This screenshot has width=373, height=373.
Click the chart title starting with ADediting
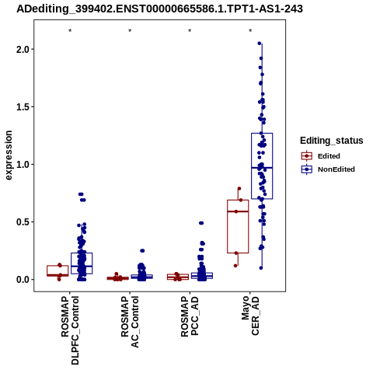coord(159,9)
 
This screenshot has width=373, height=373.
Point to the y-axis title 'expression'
coord(9,155)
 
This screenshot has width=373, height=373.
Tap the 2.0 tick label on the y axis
coord(22,49)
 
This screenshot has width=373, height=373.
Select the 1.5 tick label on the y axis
coord(22,106)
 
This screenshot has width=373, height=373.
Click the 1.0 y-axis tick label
coord(22,164)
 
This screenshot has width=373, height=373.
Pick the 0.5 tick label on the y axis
coord(22,221)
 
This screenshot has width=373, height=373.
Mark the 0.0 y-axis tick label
coord(22,280)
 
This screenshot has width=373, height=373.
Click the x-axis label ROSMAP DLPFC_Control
coord(70,330)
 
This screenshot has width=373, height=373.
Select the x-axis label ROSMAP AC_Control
coord(130,322)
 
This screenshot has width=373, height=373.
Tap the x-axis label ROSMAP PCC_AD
coord(190,316)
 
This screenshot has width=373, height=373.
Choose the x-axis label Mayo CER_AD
coord(250,315)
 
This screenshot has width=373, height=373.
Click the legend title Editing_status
coord(332,141)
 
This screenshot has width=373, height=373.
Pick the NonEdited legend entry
coord(328,169)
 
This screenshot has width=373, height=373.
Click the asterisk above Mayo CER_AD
coord(250,31)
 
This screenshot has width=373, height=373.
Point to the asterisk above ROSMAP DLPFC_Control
coord(70,31)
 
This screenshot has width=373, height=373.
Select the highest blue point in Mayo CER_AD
coord(260,44)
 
